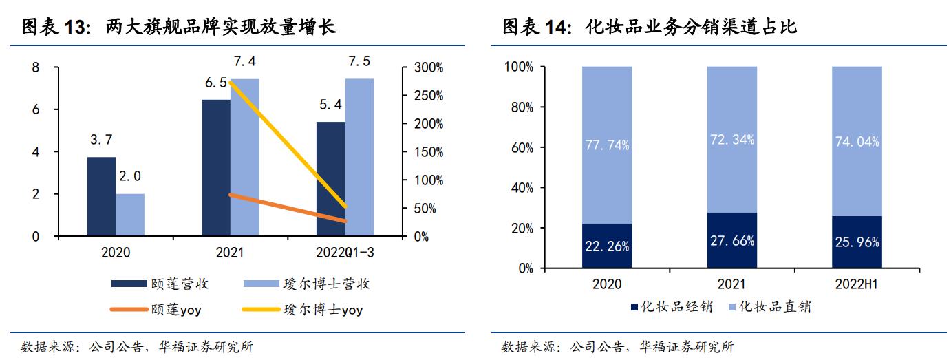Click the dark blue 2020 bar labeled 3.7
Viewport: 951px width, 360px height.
tap(101, 197)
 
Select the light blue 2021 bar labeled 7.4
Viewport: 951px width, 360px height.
tap(245, 158)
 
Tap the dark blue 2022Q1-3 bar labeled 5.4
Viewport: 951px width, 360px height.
tap(330, 179)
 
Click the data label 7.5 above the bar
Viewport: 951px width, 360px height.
tap(359, 61)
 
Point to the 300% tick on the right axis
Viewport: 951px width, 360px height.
tap(427, 68)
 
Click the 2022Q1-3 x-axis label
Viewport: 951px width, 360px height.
tap(345, 253)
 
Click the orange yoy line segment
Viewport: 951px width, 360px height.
tap(288, 208)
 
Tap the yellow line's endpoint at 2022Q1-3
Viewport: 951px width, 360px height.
tap(345, 207)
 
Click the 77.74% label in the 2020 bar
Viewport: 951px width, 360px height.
tap(606, 145)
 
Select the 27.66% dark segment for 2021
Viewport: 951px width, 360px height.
tap(731, 240)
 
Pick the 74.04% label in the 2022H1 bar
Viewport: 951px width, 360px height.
tap(857, 142)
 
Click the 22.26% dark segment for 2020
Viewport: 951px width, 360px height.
tap(606, 246)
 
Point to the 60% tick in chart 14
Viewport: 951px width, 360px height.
tap(520, 147)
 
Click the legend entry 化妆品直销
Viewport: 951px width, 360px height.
tap(768, 307)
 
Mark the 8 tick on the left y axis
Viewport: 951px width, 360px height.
tap(35, 67)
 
